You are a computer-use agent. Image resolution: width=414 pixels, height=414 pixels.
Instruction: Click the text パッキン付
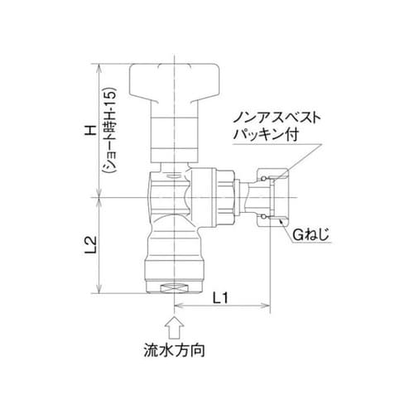272,133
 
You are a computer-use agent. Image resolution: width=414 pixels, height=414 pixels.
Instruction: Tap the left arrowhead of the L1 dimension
178,308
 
